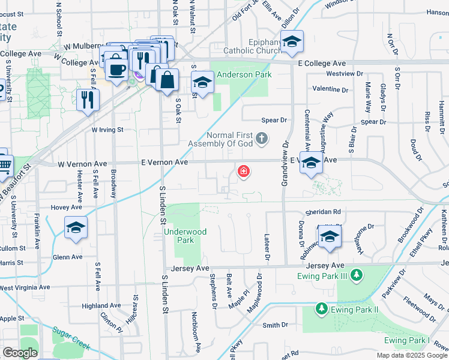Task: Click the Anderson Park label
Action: pyautogui.click(x=244, y=75)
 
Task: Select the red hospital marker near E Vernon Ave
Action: pyautogui.click(x=243, y=172)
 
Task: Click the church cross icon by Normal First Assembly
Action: pyautogui.click(x=261, y=139)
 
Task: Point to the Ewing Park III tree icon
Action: pyautogui.click(x=357, y=275)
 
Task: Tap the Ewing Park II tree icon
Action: pyautogui.click(x=322, y=309)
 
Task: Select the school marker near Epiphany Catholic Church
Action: pyautogui.click(x=292, y=42)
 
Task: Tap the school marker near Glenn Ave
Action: pyautogui.click(x=76, y=228)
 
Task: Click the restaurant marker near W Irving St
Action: pyautogui.click(x=88, y=98)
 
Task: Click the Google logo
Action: pyautogui.click(x=20, y=353)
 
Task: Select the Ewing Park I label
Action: pyautogui.click(x=408, y=341)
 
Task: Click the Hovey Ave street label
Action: pyautogui.click(x=66, y=207)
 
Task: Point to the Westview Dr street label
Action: pyautogui.click(x=345, y=74)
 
